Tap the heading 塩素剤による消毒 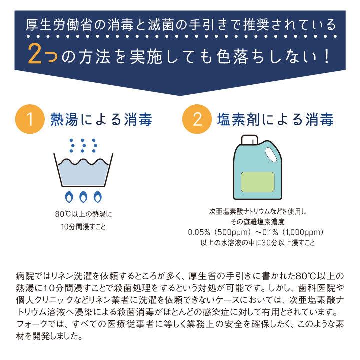[276, 120]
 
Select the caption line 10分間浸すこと [83, 226]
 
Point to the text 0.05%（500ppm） [219, 233]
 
